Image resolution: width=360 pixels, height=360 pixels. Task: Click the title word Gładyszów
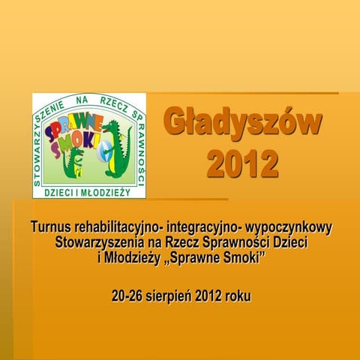243,124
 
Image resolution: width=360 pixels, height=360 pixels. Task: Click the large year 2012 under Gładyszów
242,163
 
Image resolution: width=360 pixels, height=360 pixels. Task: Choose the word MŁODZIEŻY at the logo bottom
104,191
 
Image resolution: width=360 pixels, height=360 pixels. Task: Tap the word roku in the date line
238,297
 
